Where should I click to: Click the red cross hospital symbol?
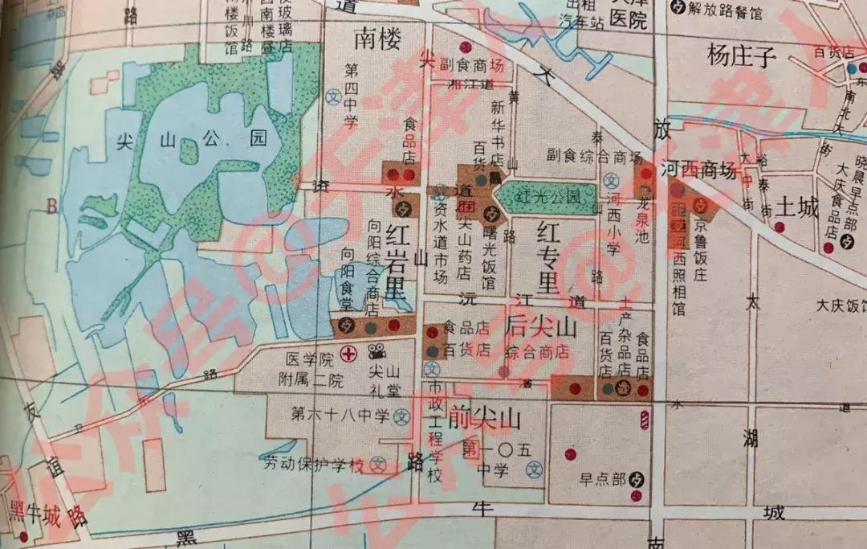[348, 352]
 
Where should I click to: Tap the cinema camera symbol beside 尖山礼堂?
[375, 351]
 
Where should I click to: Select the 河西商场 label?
[698, 170]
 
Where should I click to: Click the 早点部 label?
[602, 480]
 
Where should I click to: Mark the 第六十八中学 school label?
[340, 415]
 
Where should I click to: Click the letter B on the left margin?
[52, 207]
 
